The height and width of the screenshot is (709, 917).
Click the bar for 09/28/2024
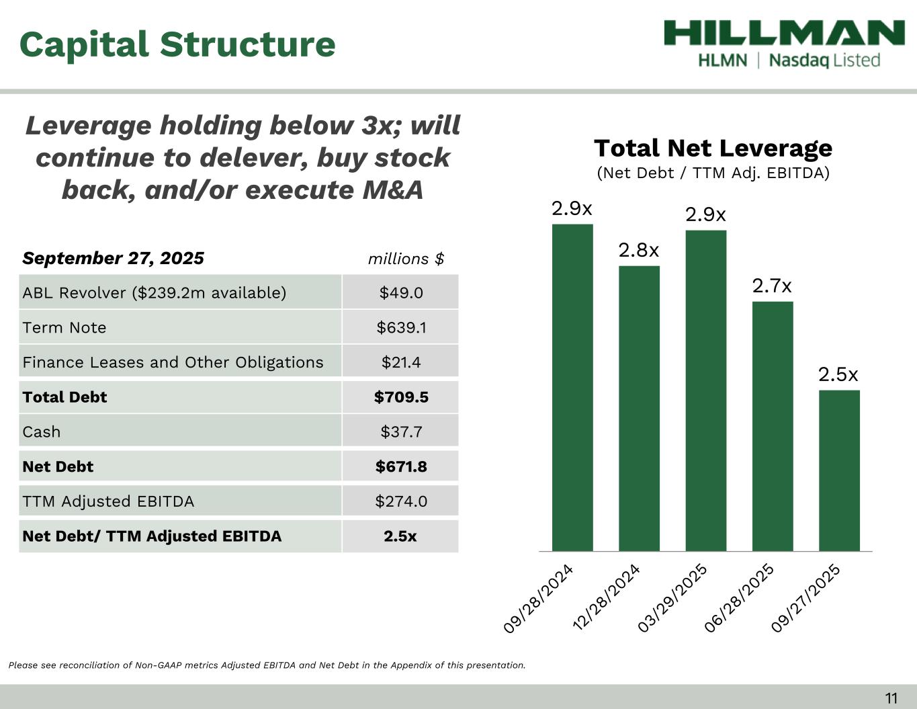click(x=572, y=387)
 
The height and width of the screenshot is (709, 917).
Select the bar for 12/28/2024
click(x=639, y=408)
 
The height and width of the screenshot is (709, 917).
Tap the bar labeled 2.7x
click(x=773, y=426)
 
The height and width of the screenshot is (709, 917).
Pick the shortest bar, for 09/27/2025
click(x=839, y=470)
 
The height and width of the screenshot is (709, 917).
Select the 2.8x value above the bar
click(x=639, y=251)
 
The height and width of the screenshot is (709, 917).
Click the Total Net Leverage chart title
click(x=713, y=148)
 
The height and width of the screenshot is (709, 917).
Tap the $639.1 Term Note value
click(x=401, y=327)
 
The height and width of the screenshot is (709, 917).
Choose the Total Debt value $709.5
click(x=401, y=397)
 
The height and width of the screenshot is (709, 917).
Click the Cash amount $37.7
click(x=401, y=432)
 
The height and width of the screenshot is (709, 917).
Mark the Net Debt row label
click(x=58, y=467)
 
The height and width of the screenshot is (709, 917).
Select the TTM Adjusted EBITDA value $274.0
click(x=401, y=501)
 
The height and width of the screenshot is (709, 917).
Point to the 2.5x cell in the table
click(x=400, y=536)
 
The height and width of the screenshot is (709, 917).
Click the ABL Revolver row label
click(x=155, y=293)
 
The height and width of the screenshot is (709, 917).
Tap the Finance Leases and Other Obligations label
click(x=173, y=362)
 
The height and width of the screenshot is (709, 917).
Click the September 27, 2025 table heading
click(x=113, y=259)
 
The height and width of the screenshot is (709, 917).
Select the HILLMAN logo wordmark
click(x=784, y=34)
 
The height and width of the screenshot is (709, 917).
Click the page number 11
click(x=891, y=698)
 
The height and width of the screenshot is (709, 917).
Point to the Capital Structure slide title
click(x=177, y=44)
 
